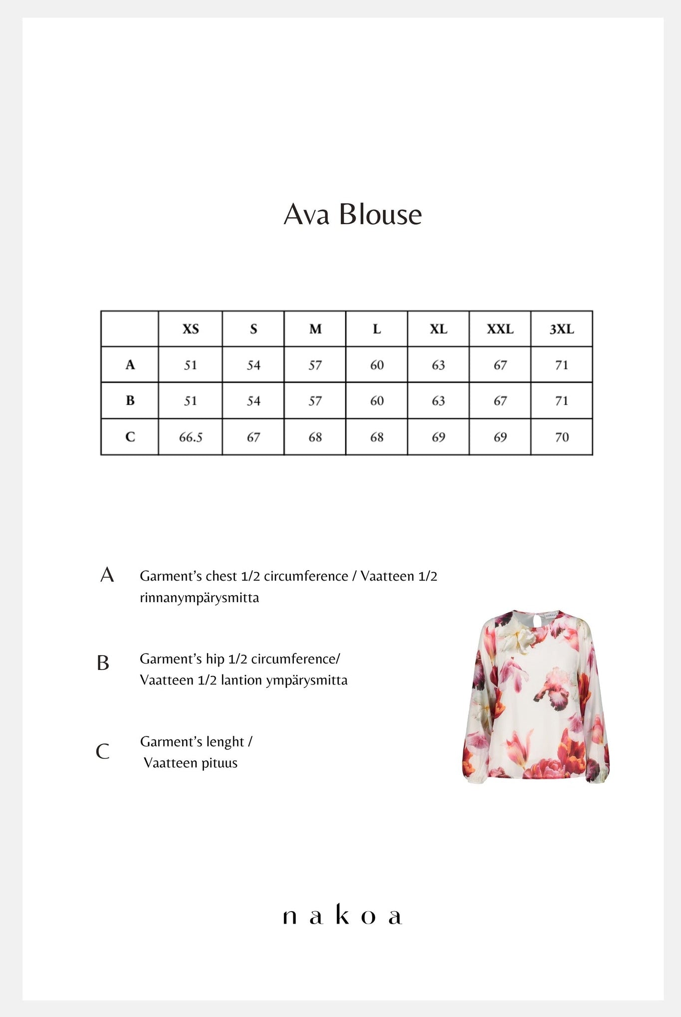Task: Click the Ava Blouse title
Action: pos(353,215)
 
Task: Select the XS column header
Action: pos(191,329)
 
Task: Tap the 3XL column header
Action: pos(562,329)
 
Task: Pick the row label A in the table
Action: pos(130,365)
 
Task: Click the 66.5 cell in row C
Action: pos(191,437)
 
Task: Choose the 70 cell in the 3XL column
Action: pos(562,437)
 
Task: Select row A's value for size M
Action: pos(315,365)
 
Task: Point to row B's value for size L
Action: pos(377,401)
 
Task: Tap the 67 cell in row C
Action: pos(253,437)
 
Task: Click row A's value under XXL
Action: pos(500,365)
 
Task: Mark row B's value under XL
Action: pos(439,401)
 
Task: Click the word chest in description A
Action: pos(221,576)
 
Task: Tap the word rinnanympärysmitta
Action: pos(199,598)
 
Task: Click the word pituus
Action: pos(220,763)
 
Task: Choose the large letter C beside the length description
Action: pos(102,751)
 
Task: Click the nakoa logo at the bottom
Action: pos(342,915)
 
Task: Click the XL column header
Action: pos(439,329)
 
